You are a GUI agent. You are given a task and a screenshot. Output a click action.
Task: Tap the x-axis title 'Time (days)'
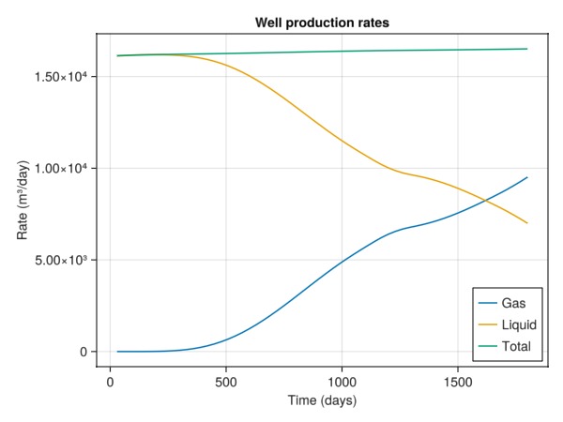[322, 400]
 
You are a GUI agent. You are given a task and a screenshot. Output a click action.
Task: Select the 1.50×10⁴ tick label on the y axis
[61, 77]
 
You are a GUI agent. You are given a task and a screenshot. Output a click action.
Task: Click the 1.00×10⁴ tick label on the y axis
[61, 169]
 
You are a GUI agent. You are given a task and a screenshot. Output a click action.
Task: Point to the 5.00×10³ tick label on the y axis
[61, 260]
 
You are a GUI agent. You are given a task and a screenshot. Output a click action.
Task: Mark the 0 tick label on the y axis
[84, 352]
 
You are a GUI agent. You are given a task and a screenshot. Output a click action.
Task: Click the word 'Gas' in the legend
[514, 304]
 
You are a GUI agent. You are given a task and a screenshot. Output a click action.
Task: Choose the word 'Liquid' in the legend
[519, 324]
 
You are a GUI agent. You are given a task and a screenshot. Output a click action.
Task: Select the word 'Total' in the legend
[517, 346]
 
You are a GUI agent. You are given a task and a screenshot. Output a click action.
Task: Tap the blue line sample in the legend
[487, 304]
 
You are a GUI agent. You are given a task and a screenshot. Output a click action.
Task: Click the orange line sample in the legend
[487, 324]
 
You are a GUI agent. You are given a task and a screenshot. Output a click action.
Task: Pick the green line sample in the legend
[487, 346]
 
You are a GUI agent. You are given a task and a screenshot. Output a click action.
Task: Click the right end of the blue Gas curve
[527, 177]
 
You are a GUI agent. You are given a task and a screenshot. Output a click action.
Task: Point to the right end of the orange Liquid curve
[527, 223]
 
